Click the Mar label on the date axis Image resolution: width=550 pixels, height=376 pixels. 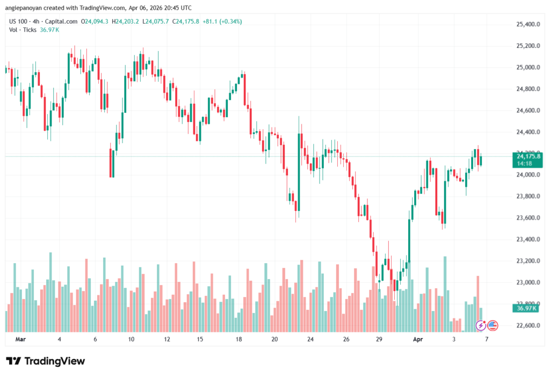(x=20, y=339)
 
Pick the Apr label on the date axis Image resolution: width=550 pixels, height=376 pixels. (x=417, y=339)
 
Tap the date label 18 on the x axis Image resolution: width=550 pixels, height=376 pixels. (x=239, y=339)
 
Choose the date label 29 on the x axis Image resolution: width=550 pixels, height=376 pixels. (x=379, y=339)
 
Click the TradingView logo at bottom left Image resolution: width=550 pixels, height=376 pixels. (x=45, y=361)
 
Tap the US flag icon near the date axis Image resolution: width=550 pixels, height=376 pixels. (x=493, y=325)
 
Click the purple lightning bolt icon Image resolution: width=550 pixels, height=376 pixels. (x=481, y=325)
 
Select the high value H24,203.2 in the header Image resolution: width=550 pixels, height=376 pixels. (x=125, y=22)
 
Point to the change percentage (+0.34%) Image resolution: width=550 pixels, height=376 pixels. (x=229, y=22)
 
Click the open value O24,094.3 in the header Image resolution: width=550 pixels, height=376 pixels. (x=95, y=22)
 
